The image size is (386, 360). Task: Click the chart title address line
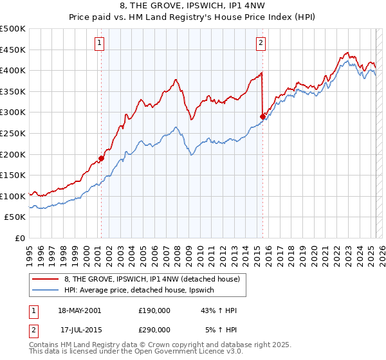193,7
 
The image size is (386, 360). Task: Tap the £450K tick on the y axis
13,50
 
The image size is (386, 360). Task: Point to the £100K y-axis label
13,196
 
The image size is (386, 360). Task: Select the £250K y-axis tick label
13,133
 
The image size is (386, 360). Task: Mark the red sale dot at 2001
102,158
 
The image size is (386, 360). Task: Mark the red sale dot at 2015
262,116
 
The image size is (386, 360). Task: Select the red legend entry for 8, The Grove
151,279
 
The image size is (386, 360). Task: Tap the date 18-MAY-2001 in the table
79,310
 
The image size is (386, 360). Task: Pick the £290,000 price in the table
154,329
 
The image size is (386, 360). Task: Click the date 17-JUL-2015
79,329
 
